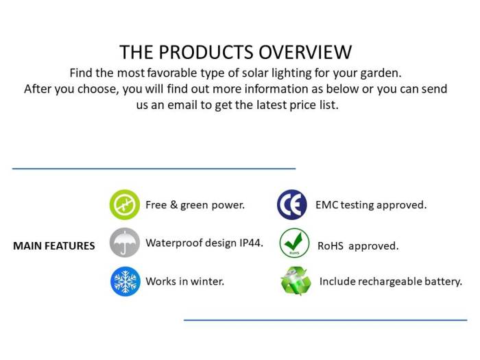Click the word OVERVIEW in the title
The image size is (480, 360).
(x=305, y=52)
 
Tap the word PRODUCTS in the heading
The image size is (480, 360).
(x=206, y=52)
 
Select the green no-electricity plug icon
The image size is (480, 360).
(x=125, y=204)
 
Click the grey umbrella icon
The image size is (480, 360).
(x=125, y=243)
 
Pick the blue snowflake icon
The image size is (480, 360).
(x=125, y=281)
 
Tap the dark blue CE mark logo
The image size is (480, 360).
(x=292, y=204)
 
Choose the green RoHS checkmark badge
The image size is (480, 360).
(x=294, y=243)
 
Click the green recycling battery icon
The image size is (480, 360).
(x=296, y=281)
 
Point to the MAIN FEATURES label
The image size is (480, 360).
(x=54, y=245)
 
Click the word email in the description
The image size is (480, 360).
(x=182, y=105)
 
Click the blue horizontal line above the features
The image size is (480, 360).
(x=154, y=169)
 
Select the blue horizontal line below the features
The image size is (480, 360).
(x=326, y=320)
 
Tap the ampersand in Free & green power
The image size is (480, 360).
(x=174, y=204)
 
